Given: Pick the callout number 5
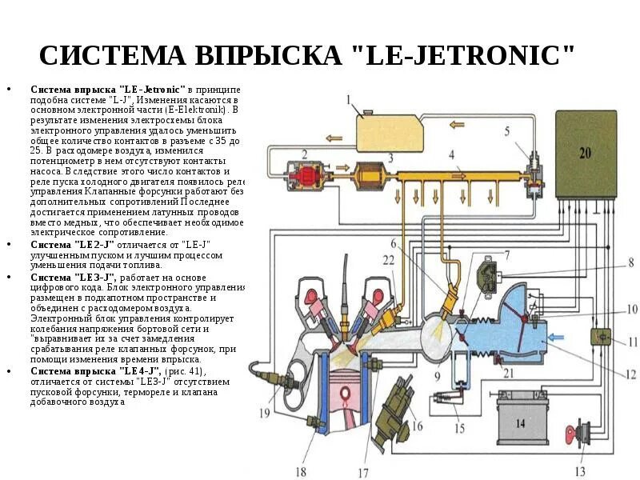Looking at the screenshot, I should point(506,130).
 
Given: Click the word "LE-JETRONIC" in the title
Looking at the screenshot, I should point(470,57).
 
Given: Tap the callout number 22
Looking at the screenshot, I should point(388,261).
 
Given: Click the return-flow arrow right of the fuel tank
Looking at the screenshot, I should point(456,124).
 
